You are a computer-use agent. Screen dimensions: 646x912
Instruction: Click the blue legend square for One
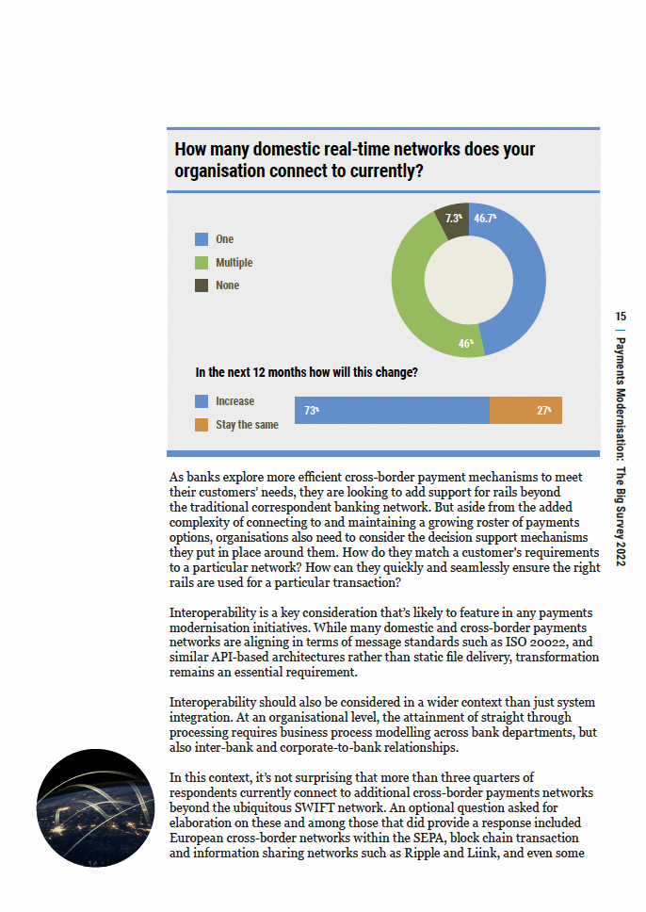[x=202, y=239]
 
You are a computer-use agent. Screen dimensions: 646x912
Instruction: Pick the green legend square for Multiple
[x=202, y=263]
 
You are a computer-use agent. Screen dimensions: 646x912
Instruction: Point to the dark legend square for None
[x=202, y=285]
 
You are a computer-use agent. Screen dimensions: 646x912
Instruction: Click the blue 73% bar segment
[x=392, y=410]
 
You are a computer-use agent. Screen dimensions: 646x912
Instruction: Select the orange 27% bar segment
[x=525, y=410]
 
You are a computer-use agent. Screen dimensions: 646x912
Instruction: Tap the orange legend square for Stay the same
[x=202, y=425]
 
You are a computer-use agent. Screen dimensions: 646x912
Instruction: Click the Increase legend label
[x=234, y=401]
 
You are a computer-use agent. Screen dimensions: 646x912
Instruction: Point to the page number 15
[x=621, y=317]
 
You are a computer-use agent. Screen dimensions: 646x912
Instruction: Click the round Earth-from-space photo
[x=95, y=807]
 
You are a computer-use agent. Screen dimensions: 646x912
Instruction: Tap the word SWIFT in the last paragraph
[x=315, y=807]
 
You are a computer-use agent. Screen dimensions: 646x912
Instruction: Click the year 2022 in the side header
[x=621, y=552]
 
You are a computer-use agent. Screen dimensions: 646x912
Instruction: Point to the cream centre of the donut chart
[x=469, y=280]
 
